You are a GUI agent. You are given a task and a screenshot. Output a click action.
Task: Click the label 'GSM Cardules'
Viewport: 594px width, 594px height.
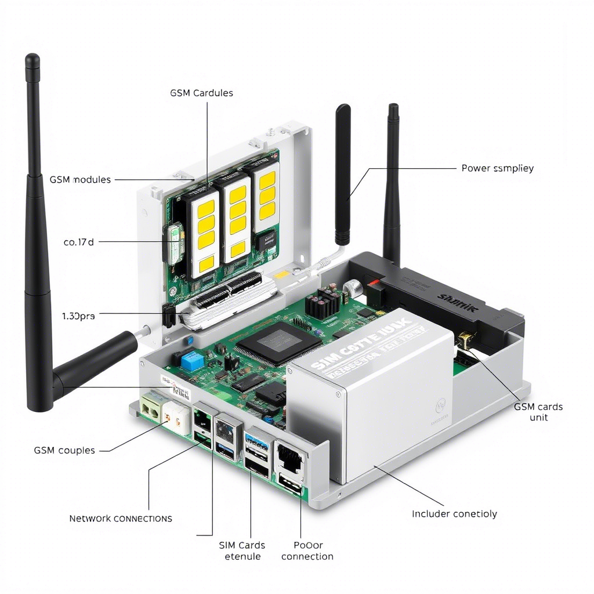click(x=201, y=93)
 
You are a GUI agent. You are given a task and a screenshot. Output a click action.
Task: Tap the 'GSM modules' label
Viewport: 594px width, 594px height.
click(x=79, y=180)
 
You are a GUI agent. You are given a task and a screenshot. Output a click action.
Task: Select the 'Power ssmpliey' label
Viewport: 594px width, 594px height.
click(x=497, y=168)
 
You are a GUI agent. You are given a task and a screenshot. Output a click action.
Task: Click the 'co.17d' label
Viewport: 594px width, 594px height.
click(x=78, y=242)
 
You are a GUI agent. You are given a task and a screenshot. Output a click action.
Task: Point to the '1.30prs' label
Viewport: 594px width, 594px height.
click(x=78, y=316)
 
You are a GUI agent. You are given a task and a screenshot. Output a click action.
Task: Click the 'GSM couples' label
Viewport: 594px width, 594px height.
click(x=64, y=450)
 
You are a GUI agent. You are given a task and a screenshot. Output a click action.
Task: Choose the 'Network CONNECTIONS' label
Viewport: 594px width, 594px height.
click(x=121, y=518)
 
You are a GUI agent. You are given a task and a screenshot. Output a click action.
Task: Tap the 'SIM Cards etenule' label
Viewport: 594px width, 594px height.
click(x=242, y=550)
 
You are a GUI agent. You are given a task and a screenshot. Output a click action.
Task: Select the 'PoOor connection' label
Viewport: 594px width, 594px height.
click(x=307, y=550)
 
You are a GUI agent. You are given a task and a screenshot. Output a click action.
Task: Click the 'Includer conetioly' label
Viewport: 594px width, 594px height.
click(x=454, y=513)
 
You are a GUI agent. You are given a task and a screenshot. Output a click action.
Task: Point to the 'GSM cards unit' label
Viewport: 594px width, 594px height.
click(x=538, y=412)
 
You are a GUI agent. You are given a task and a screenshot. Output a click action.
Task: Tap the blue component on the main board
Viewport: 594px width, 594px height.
click(x=190, y=361)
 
